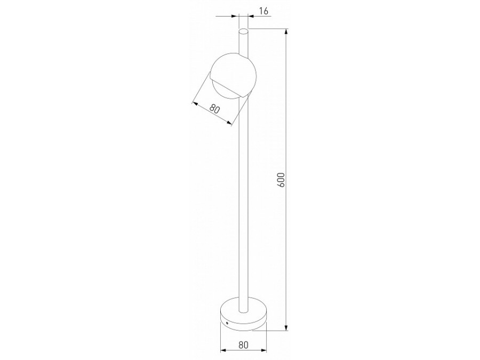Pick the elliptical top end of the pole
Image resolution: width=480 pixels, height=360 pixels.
click(243, 31)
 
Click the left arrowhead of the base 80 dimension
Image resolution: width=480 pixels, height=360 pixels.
click(222, 351)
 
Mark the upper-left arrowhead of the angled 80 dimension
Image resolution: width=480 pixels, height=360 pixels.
click(194, 101)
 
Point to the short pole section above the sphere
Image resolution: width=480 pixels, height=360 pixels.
click(243, 43)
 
